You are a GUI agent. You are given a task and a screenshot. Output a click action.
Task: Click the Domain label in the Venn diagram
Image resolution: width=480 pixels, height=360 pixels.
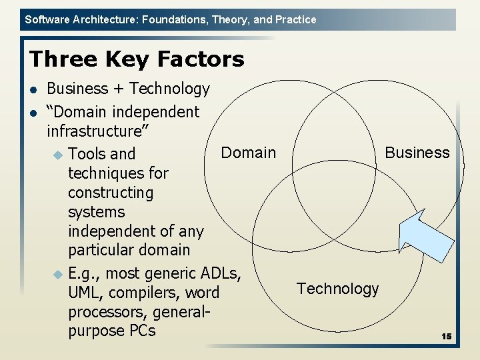(248, 153)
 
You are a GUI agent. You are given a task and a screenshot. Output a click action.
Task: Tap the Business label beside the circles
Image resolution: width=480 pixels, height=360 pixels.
(417, 153)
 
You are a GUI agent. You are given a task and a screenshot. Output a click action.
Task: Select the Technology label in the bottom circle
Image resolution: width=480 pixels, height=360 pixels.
(337, 289)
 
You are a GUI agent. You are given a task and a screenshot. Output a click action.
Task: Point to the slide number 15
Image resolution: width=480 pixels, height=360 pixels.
(446, 337)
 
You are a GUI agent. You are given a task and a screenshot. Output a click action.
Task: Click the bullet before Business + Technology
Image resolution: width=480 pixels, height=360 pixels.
(33, 89)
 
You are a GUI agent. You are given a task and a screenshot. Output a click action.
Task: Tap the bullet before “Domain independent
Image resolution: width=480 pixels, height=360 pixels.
(33, 113)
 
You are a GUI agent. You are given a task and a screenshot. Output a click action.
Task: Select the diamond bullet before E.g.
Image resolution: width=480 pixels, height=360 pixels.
(57, 274)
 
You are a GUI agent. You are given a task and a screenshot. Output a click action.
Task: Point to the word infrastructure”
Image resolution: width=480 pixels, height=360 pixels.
(97, 131)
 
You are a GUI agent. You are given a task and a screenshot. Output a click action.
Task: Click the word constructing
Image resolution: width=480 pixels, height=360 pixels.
(111, 193)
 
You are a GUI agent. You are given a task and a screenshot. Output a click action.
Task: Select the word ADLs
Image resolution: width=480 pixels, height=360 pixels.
(221, 273)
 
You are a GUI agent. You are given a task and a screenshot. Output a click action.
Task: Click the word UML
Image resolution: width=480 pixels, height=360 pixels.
(86, 293)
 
